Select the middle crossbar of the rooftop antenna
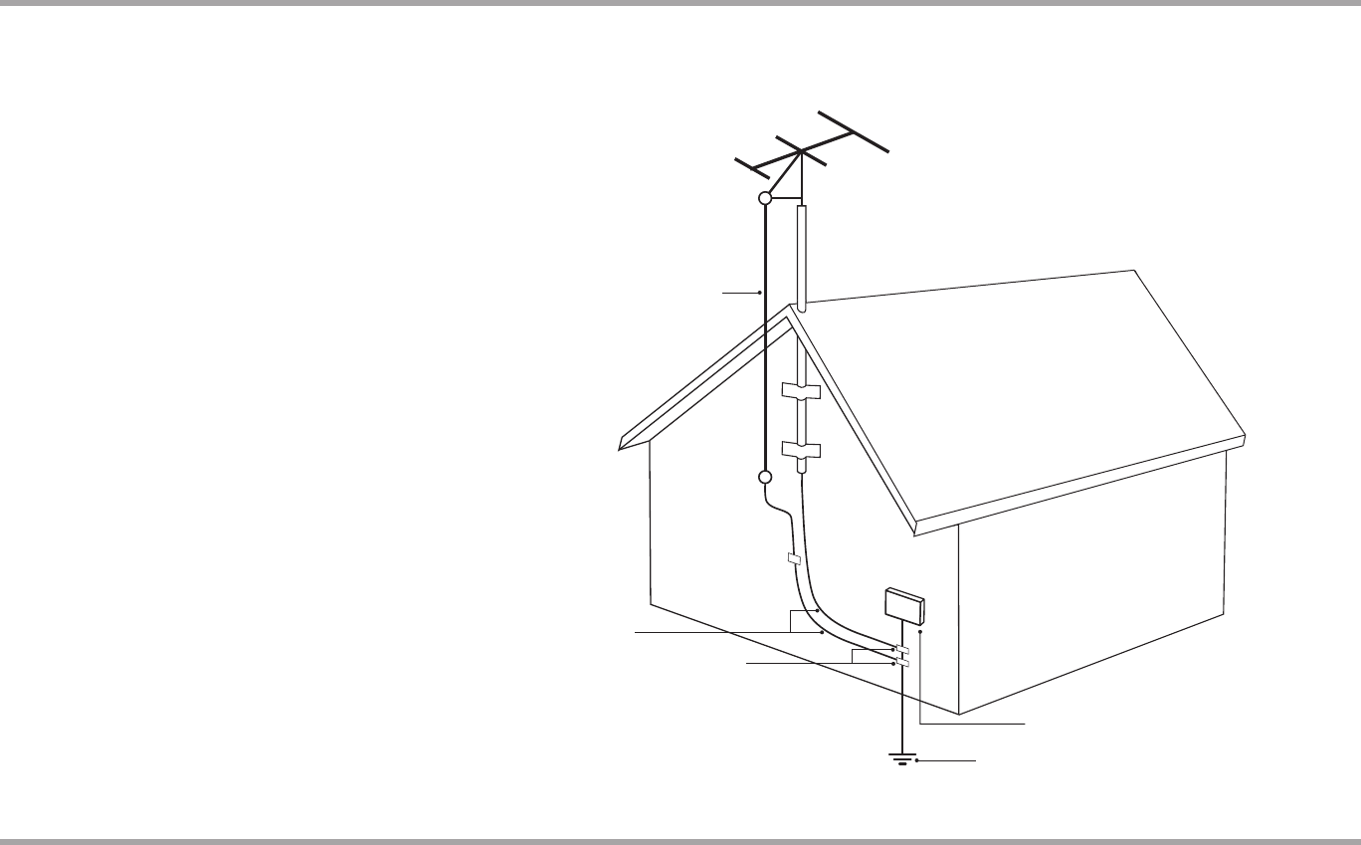[x=800, y=151]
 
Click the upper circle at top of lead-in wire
[x=765, y=199]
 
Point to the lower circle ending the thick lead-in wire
[x=765, y=477]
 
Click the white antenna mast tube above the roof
[x=801, y=254]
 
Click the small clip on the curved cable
[x=793, y=559]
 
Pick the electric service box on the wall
[x=904, y=605]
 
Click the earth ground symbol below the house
[x=901, y=759]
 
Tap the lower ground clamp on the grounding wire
[x=901, y=662]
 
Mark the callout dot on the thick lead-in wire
[x=760, y=293]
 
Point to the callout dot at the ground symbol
[x=916, y=760]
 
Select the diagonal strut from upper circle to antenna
[x=782, y=175]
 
